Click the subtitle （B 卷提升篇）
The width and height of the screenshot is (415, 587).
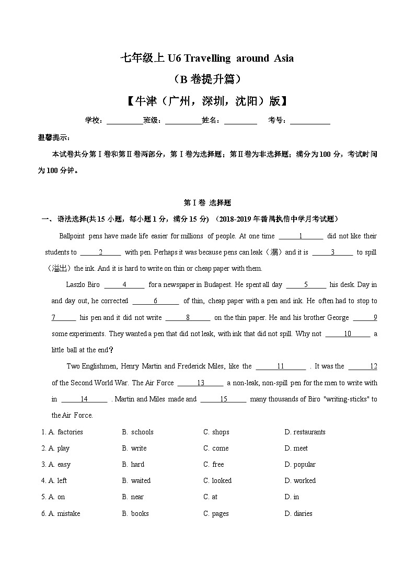(207, 79)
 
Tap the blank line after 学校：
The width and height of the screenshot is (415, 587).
(124, 121)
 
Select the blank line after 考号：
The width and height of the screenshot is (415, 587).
(310, 121)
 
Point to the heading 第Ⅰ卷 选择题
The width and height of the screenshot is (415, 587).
(208, 202)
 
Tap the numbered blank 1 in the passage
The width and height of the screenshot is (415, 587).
(301, 236)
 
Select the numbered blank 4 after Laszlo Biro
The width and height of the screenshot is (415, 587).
(124, 285)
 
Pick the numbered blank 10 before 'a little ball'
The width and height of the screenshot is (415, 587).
(348, 334)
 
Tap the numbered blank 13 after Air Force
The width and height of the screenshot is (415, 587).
(200, 383)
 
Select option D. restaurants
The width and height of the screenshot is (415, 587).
(305, 432)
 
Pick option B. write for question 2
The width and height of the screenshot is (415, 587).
(135, 448)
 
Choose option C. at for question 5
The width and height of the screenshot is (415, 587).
(211, 497)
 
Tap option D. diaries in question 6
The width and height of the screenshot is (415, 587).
(298, 514)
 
